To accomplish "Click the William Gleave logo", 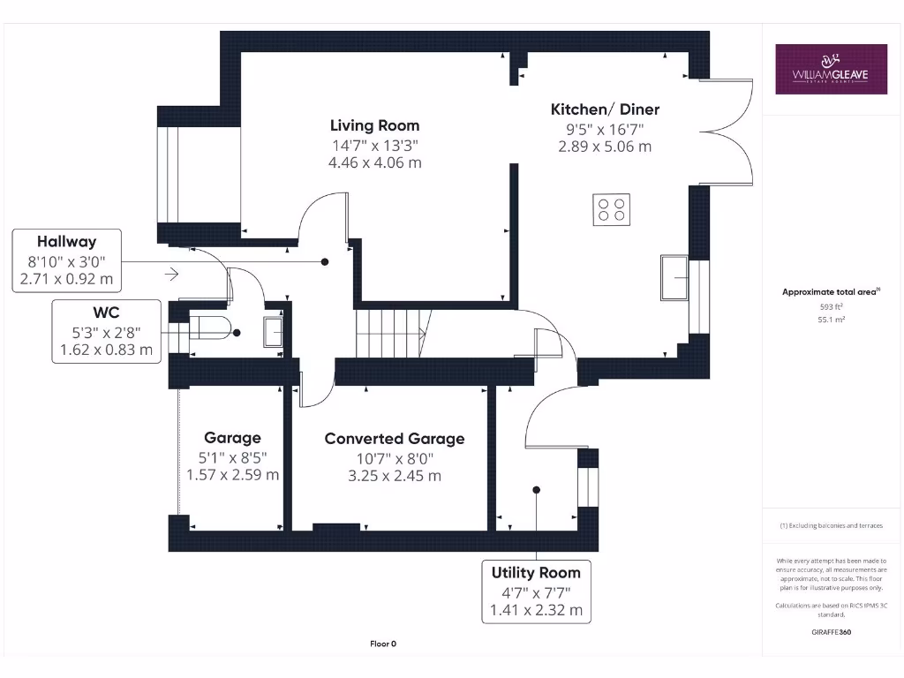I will tap(831, 69).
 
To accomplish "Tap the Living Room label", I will tap(374, 125).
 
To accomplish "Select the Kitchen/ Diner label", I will tap(605, 109).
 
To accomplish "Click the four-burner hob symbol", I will tap(611, 209).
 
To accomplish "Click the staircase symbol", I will tap(389, 334).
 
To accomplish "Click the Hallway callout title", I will tap(66, 242).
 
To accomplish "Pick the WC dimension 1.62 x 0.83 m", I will tap(106, 350).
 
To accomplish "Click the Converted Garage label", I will tap(394, 439).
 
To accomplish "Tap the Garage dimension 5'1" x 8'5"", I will tap(232, 456).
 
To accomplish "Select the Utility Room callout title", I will tap(536, 573).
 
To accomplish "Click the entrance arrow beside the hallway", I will tap(171, 275).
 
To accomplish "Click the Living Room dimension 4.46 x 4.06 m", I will tap(374, 162).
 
